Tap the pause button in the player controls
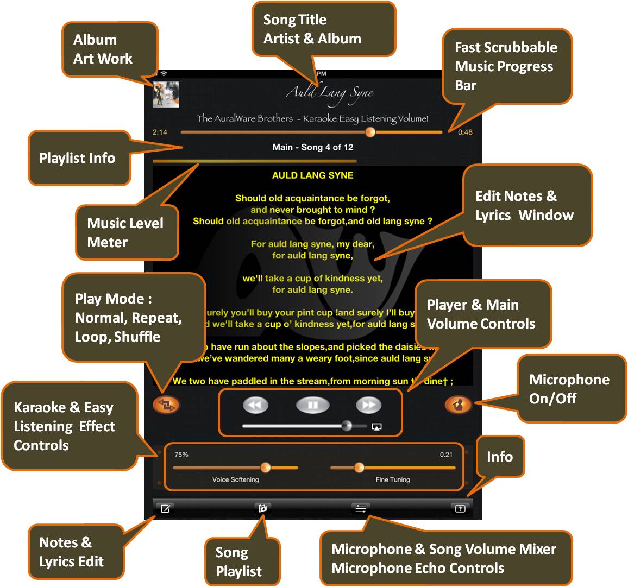pos(312,405)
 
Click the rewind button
pos(255,405)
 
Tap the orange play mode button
pos(166,405)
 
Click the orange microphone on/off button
pos(458,404)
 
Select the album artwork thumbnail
pos(166,94)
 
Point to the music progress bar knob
pos(370,132)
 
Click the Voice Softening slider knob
pos(265,468)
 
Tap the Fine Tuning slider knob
pos(359,468)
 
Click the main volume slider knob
pos(347,426)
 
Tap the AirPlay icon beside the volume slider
pos(376,427)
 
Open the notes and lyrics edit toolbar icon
pos(165,509)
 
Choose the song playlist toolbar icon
pos(262,509)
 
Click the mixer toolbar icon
pos(360,509)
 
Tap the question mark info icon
pos(460,509)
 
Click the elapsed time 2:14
pos(160,132)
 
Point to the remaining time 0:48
pos(465,132)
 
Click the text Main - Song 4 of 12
pos(312,147)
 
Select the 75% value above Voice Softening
pos(181,455)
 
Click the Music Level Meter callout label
pos(125,232)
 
